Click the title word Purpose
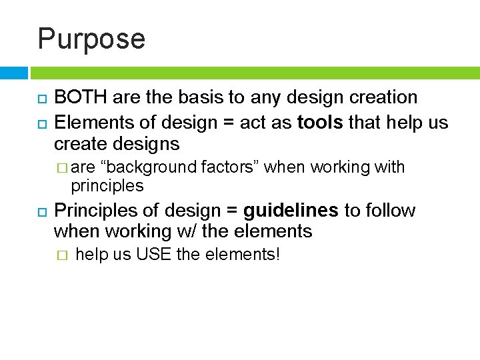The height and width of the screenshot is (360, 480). (x=91, y=39)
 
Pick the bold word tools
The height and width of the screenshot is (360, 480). (x=321, y=123)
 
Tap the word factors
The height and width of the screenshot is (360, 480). (x=229, y=167)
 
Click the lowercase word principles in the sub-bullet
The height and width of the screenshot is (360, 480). (x=107, y=185)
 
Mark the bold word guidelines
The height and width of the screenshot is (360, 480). (x=291, y=211)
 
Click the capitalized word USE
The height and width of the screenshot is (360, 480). (x=153, y=254)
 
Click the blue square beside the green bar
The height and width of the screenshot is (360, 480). (x=13, y=73)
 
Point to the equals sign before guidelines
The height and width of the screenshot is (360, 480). (x=231, y=211)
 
